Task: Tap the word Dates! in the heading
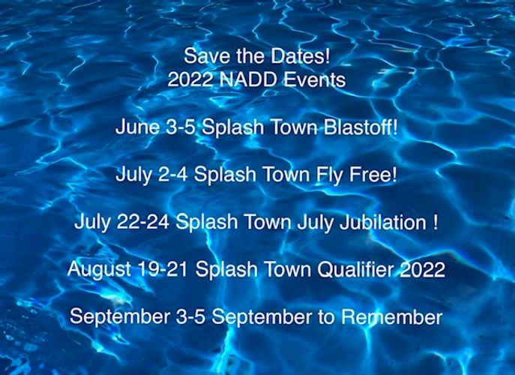(x=300, y=55)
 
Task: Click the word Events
(x=314, y=79)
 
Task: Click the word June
(x=138, y=127)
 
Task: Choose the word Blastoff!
(x=361, y=127)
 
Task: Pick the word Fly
(x=329, y=175)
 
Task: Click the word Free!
(x=373, y=174)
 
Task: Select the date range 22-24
(x=143, y=222)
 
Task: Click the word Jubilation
(x=382, y=222)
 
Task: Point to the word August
(x=99, y=270)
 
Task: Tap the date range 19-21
(x=163, y=269)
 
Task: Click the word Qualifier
(x=355, y=269)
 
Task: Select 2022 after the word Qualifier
(x=422, y=269)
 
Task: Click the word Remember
(x=391, y=316)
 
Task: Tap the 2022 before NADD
(x=190, y=79)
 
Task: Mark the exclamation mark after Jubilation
(x=436, y=222)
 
